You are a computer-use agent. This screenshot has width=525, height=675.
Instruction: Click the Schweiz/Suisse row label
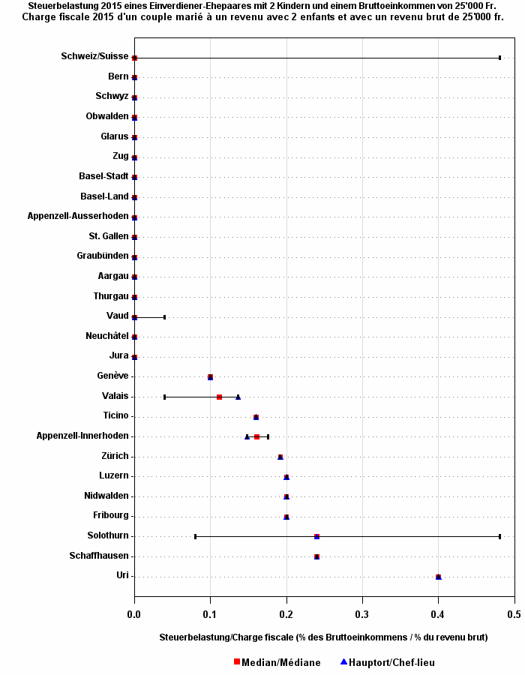coord(94,56)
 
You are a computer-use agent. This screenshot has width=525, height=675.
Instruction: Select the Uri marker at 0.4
coord(438,577)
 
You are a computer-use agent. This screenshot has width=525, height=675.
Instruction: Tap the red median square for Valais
coord(219,397)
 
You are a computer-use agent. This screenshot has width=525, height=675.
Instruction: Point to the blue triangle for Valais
coord(238,397)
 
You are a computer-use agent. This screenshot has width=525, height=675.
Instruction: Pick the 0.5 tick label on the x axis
coord(514,615)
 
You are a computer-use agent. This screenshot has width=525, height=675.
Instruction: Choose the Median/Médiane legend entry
coord(277,662)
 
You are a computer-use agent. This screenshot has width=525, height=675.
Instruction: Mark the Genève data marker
coord(210,376)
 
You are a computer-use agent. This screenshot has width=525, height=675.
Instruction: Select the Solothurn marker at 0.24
coord(316,536)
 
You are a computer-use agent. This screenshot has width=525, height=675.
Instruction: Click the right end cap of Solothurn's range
coord(499,536)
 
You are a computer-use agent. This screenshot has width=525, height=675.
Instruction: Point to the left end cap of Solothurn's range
coord(195,536)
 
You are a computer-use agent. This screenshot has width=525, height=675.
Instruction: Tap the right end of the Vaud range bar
coord(164,317)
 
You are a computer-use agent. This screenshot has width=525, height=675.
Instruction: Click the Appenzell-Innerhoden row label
coord(82,436)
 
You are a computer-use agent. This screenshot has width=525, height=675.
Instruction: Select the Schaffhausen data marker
coord(316,556)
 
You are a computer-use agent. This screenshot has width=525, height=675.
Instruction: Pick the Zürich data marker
coord(280,457)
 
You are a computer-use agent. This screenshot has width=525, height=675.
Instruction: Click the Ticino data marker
coord(256,417)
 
